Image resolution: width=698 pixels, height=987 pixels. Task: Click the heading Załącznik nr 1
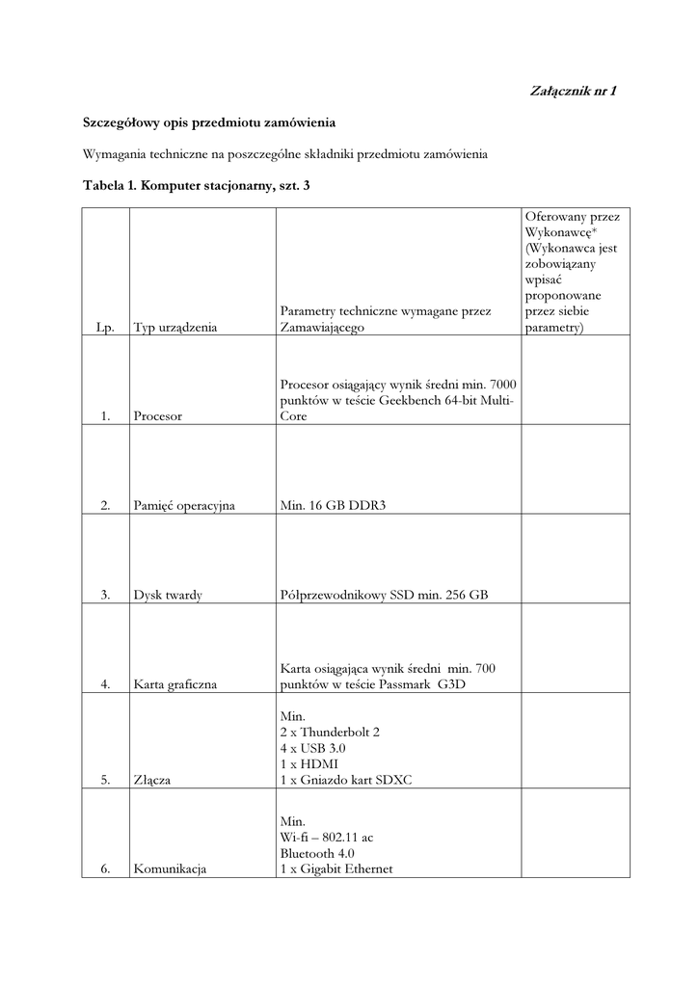tap(574, 92)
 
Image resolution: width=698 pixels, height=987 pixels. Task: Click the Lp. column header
tap(106, 328)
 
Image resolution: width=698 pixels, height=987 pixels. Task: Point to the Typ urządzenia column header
tap(175, 328)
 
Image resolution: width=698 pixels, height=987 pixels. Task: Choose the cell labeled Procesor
tap(158, 416)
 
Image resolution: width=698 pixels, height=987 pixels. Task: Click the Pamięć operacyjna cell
tap(184, 506)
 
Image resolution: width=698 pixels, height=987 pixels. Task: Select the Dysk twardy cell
tap(168, 596)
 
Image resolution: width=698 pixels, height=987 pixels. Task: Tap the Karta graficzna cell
tap(175, 684)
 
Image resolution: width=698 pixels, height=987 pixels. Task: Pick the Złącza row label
tap(152, 780)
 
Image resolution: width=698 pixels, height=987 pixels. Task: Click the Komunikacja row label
tap(171, 869)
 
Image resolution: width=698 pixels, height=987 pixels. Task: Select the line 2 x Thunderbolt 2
tap(330, 733)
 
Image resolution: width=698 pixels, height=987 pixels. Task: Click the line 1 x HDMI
tap(309, 764)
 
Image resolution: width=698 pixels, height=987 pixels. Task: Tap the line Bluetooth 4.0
tap(318, 854)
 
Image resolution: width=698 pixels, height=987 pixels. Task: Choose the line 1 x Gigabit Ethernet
tap(336, 869)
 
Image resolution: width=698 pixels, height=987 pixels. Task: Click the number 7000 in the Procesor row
tap(498, 385)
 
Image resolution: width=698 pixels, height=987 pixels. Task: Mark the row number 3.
tap(105, 596)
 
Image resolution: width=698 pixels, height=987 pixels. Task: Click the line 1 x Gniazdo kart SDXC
tap(346, 780)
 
